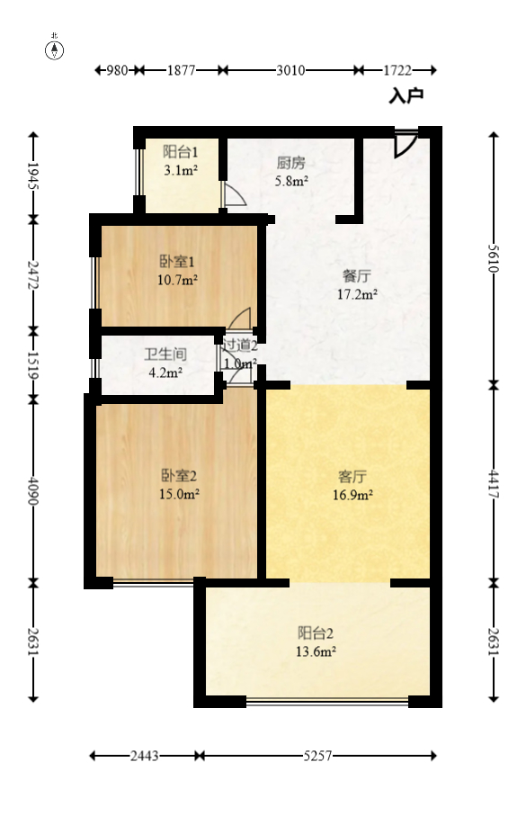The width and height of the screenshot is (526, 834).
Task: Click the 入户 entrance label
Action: point(406,95)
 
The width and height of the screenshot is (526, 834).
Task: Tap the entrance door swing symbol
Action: point(406,145)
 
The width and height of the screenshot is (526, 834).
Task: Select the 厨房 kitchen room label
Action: point(291,164)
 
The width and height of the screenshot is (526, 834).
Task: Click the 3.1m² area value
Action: point(180,168)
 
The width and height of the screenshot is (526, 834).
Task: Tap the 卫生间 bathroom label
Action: point(165,354)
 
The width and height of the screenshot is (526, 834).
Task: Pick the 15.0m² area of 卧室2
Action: point(180,493)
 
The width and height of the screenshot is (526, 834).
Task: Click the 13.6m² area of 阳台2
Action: point(316,651)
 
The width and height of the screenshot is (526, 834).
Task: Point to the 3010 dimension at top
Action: point(290,70)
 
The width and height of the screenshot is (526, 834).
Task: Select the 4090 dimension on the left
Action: point(34,490)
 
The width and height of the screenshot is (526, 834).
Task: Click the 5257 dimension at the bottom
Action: point(316,757)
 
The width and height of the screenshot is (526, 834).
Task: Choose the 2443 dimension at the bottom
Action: point(144,757)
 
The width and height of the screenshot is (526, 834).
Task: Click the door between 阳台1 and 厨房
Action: point(233,196)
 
